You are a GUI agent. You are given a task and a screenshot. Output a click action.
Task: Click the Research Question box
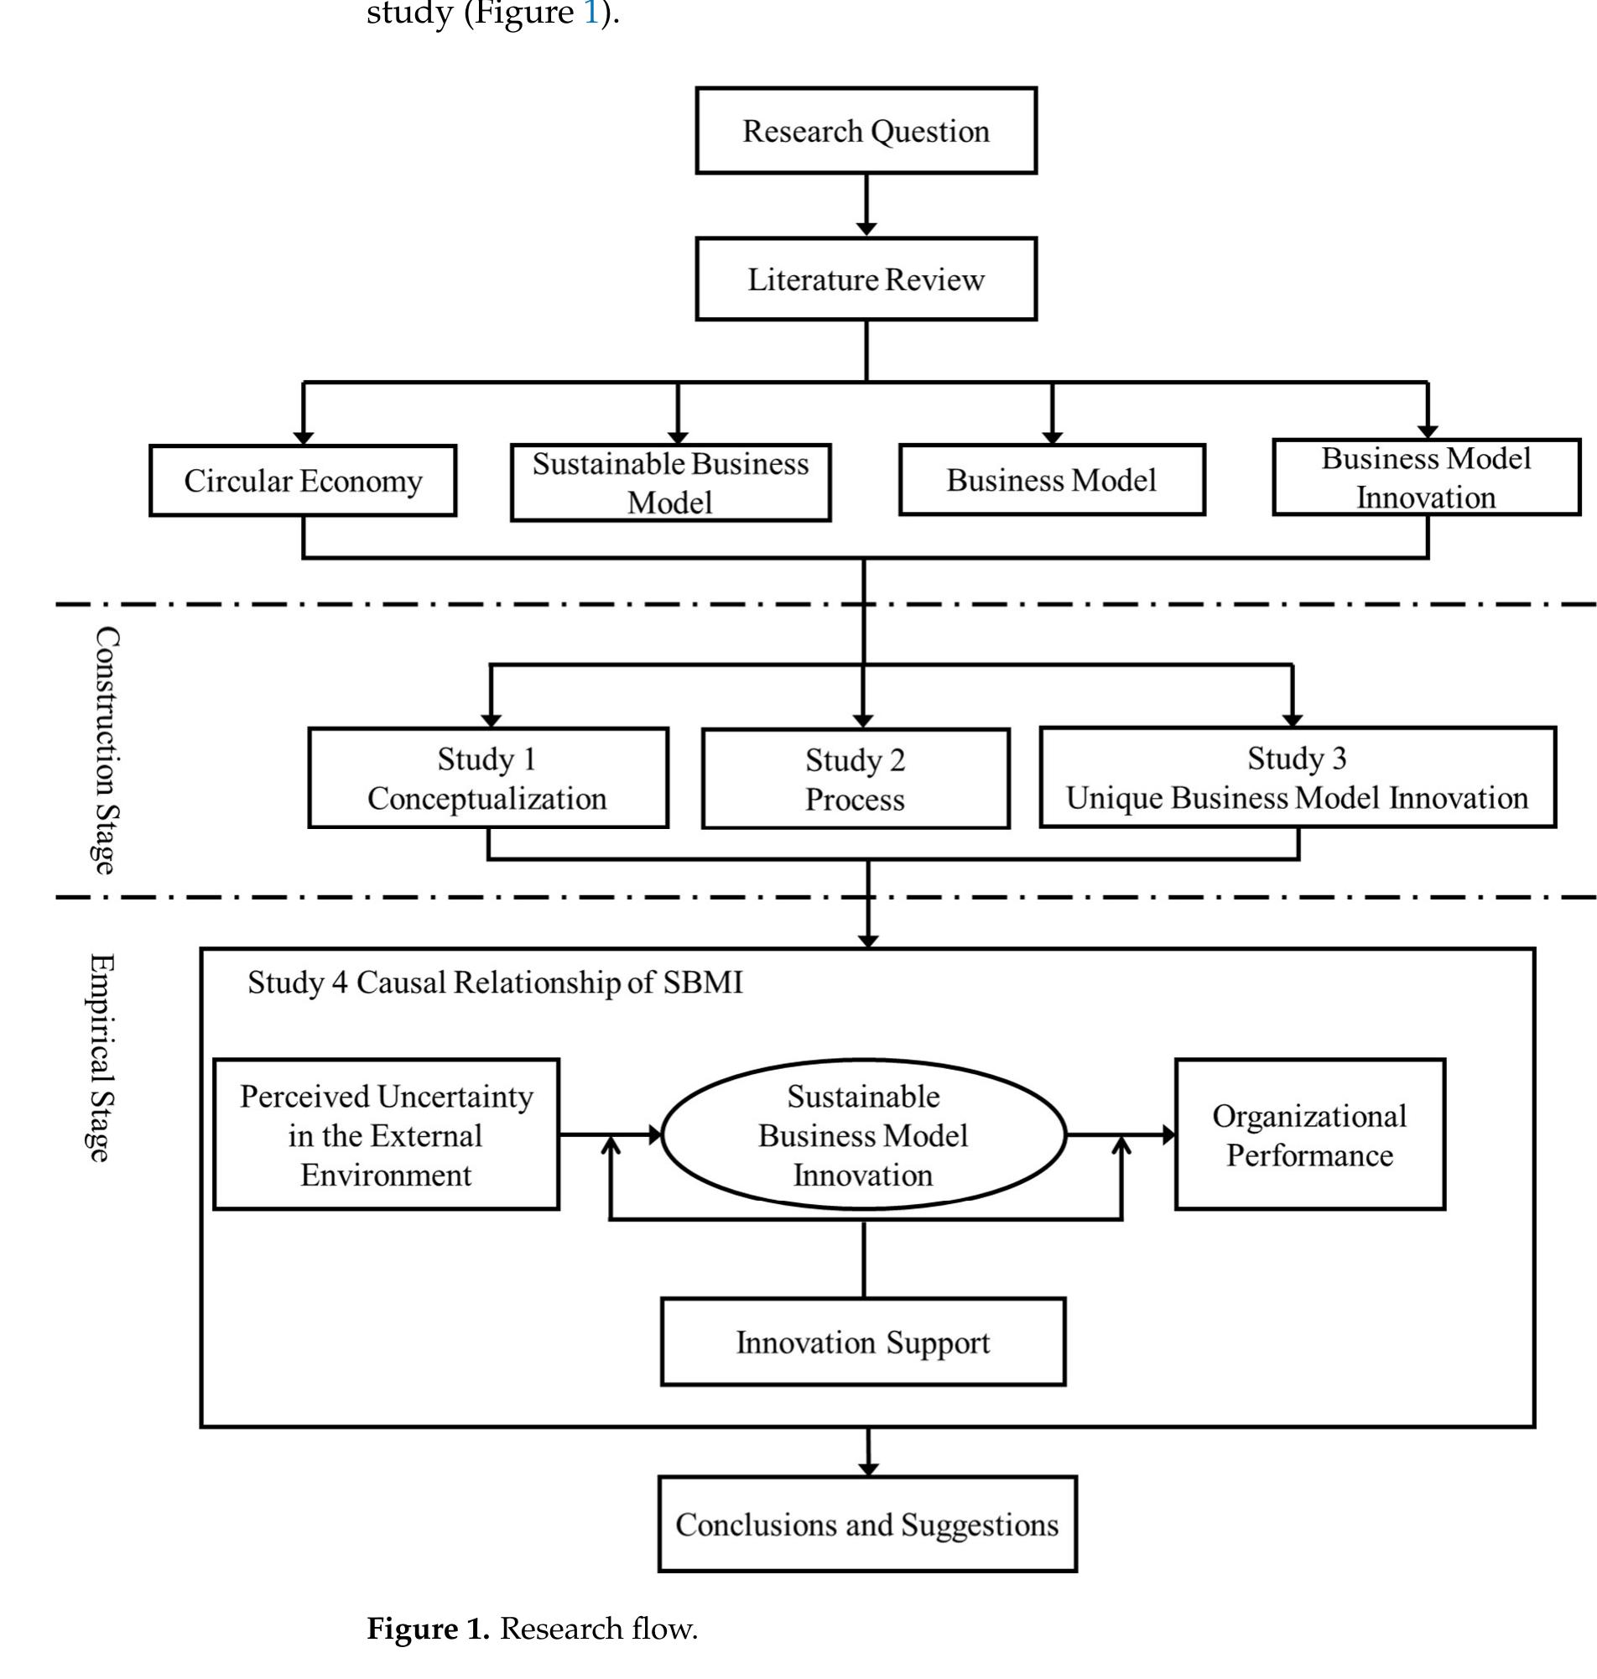[x=866, y=130]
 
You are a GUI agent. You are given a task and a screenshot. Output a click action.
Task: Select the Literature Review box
[x=866, y=279]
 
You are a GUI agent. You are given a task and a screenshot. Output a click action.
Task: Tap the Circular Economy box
[x=303, y=480]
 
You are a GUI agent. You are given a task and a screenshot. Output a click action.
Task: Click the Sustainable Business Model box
[x=670, y=482]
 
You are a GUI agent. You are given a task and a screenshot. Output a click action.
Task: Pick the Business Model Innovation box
[x=1426, y=477]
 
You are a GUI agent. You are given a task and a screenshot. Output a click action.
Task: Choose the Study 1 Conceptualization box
[x=488, y=777]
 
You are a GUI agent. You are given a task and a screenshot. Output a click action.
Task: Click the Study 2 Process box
[x=856, y=778]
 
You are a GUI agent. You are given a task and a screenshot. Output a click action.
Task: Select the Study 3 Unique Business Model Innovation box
[x=1298, y=776]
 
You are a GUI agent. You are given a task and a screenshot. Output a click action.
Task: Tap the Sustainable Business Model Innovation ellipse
[x=863, y=1134]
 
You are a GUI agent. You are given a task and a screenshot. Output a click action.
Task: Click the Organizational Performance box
[x=1309, y=1134]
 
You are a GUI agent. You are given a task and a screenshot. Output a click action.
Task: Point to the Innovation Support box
[x=862, y=1342]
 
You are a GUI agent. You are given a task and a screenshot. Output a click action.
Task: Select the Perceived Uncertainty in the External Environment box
[x=386, y=1134]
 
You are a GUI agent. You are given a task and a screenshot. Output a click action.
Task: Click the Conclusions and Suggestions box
[x=866, y=1524]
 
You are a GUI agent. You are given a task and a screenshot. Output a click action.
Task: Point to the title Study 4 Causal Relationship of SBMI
[x=495, y=982]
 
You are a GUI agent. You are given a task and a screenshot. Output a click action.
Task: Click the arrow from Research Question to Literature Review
[x=866, y=206]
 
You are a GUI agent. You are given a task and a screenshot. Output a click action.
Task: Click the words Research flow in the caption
[x=597, y=1628]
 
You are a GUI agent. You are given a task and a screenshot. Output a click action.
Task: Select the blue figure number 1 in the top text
[x=590, y=13]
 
